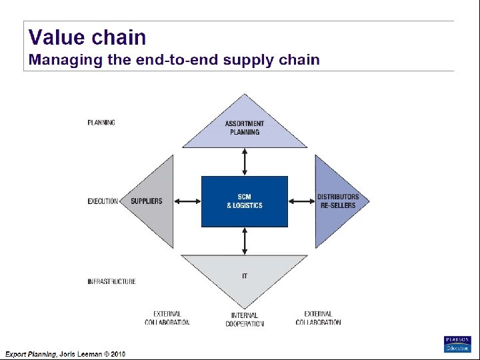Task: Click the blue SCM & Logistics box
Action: [x=245, y=201]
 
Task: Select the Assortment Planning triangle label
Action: [x=245, y=127]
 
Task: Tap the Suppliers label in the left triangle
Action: [x=146, y=201]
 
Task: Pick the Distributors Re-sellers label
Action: [x=338, y=201]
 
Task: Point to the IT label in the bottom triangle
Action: [x=245, y=276]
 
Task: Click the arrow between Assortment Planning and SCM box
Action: [x=245, y=162]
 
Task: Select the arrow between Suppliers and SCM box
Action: [x=189, y=201]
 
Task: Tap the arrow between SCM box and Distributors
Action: [x=301, y=201]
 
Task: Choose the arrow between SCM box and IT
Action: [x=245, y=241]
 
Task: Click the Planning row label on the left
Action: [x=101, y=123]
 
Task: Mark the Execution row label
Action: [x=103, y=201]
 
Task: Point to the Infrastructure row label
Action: [x=111, y=281]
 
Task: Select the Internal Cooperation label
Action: [x=245, y=319]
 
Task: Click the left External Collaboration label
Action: [x=167, y=318]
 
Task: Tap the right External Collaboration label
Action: [x=318, y=318]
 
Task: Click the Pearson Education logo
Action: [x=457, y=344]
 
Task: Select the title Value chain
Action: [x=87, y=37]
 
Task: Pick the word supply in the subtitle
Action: [x=249, y=60]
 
